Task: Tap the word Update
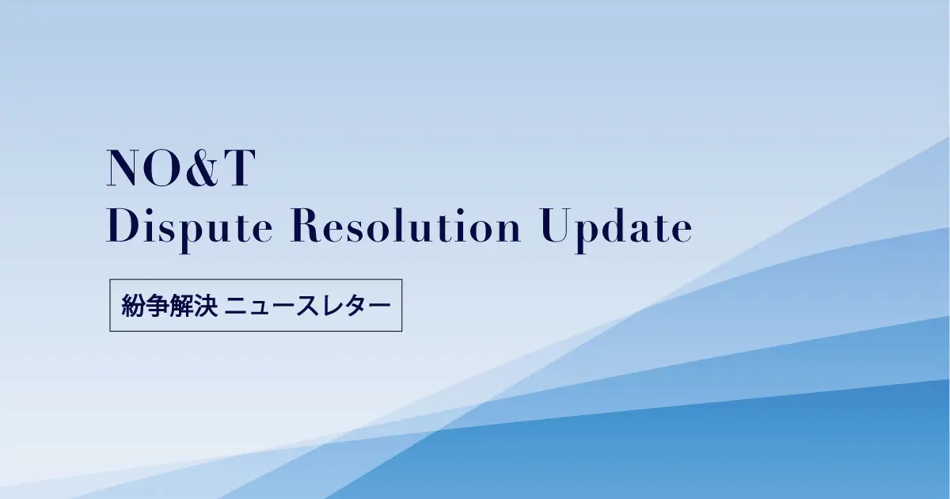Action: tap(617, 227)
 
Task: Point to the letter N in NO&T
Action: tap(124, 168)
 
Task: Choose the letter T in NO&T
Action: tap(237, 168)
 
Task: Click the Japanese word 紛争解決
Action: tap(169, 305)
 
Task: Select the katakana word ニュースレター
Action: tap(308, 305)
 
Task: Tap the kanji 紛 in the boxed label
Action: tap(134, 305)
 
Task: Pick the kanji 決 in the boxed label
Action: tap(206, 305)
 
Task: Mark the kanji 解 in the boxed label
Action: tap(182, 305)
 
